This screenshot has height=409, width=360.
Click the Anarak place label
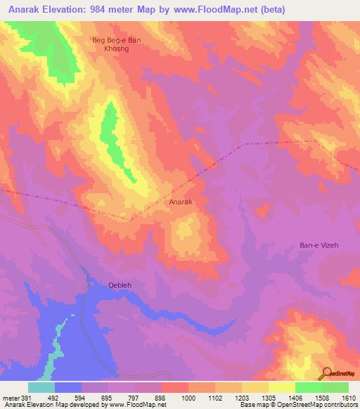(x=181, y=202)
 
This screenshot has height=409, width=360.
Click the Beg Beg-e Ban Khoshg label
(x=117, y=45)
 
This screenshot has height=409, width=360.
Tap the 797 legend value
(x=136, y=398)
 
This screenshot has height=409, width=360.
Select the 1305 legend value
(x=269, y=398)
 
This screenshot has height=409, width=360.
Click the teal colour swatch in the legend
(x=41, y=387)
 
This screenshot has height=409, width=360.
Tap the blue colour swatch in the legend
(x=68, y=387)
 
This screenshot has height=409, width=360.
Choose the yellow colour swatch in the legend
(x=282, y=387)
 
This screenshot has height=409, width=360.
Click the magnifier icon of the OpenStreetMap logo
(x=326, y=372)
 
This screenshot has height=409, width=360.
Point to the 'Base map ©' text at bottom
(x=257, y=405)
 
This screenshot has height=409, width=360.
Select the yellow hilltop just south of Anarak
(x=187, y=230)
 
